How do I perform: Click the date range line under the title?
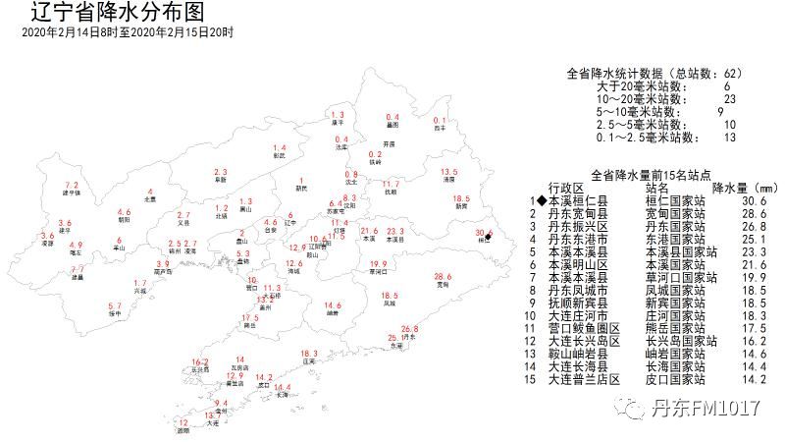pos(128,32)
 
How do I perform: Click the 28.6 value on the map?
pos(444,277)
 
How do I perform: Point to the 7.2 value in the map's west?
pos(71,186)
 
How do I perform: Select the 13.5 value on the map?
pos(449,172)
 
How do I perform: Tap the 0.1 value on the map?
pos(440,120)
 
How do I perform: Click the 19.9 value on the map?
pos(378,264)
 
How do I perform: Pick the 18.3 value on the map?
pos(309,354)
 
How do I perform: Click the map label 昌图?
pos(392,126)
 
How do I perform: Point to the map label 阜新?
pos(220,180)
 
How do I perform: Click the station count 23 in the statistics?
pos(729,99)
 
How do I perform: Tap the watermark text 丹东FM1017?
pos(711,405)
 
